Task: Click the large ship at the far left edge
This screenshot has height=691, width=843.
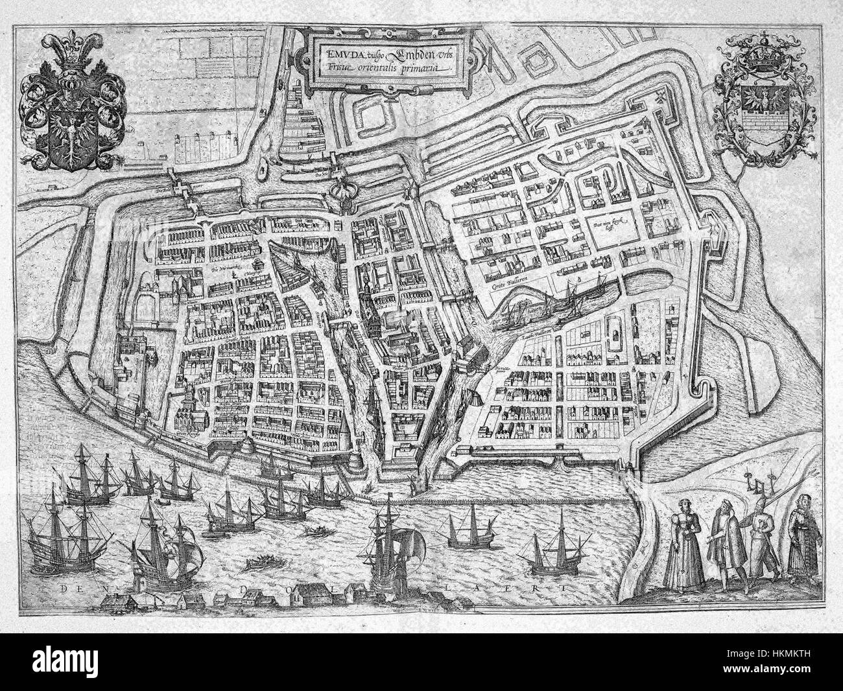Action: [x=55, y=545]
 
